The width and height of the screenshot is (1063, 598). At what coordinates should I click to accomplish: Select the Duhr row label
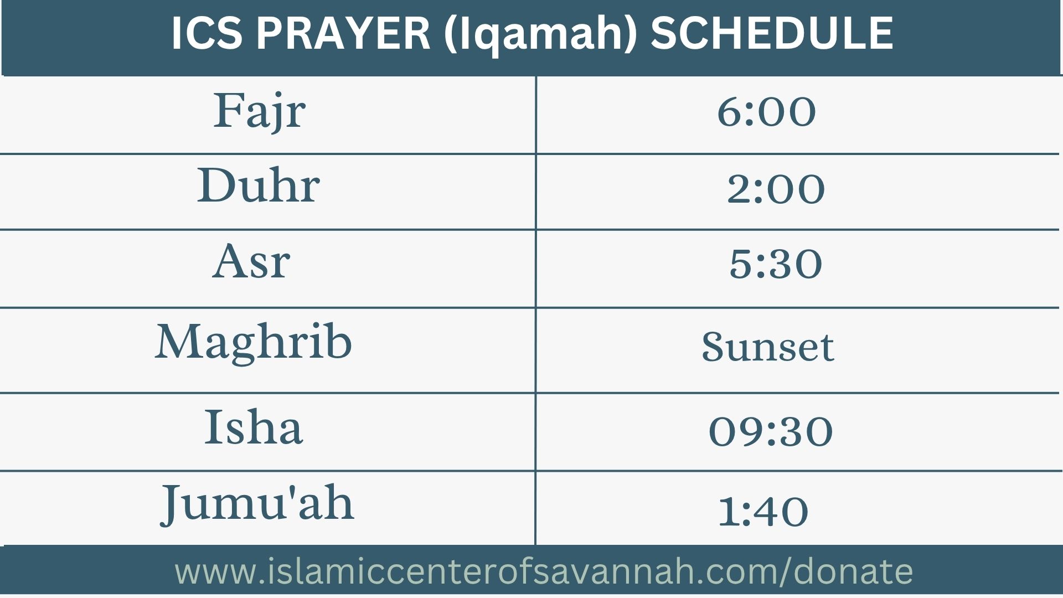coord(259,185)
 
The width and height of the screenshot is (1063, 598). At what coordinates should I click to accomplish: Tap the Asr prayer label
coord(251,261)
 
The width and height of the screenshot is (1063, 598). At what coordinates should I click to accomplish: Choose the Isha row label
coord(254,427)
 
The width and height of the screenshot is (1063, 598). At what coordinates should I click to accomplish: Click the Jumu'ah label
coord(257,504)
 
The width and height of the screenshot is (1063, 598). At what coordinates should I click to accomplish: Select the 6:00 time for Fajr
coord(766,112)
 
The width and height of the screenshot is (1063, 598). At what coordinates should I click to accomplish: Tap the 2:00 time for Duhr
coord(776,189)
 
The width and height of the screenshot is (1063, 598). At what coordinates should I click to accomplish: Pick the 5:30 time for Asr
coord(776,264)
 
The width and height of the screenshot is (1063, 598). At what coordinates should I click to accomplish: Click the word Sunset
coord(767,347)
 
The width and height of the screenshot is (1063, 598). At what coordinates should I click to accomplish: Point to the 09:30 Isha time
coord(771,431)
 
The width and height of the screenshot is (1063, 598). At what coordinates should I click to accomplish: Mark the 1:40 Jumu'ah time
coord(763,511)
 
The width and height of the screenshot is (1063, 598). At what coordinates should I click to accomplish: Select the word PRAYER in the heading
coord(343,33)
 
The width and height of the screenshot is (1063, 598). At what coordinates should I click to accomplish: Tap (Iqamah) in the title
coord(540,34)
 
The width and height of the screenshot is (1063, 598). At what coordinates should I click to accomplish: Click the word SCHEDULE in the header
coord(771,33)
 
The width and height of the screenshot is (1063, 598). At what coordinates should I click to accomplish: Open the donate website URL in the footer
coord(544,572)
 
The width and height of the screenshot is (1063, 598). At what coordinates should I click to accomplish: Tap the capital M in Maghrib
coord(180,341)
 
